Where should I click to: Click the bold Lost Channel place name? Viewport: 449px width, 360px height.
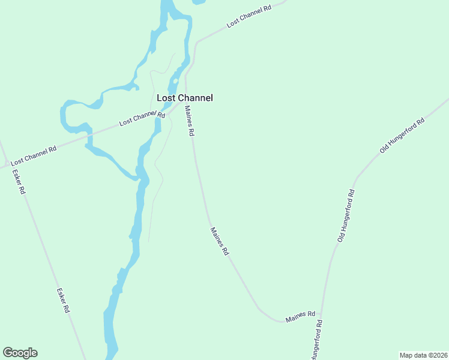(x=184, y=98)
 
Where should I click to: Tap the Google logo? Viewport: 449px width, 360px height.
(x=20, y=353)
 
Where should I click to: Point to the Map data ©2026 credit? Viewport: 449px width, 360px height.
(x=423, y=355)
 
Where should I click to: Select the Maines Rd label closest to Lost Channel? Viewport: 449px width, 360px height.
(x=190, y=120)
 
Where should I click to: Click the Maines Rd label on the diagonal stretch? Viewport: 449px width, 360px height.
(x=220, y=242)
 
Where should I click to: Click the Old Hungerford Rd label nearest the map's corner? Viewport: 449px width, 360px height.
(x=402, y=135)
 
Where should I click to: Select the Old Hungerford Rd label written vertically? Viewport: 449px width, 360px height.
(x=346, y=216)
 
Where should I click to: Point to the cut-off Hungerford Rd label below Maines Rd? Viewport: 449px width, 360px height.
(x=316, y=340)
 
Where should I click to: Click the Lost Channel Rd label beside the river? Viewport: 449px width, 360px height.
(x=142, y=118)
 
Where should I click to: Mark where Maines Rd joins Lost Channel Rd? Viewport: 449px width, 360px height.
(x=184, y=102)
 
